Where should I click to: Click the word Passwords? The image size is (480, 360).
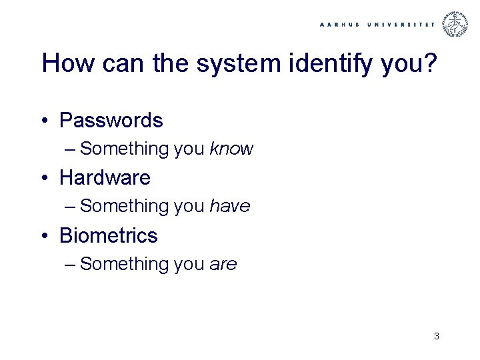111,121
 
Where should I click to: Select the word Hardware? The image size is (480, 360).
105,178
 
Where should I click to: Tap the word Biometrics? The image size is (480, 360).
108,236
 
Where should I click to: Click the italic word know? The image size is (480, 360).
231,149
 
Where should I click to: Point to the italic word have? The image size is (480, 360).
229,207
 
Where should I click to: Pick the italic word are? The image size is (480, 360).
223,265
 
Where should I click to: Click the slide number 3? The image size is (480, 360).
436,336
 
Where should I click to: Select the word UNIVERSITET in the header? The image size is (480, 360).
401,24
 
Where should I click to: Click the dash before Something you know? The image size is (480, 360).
71,149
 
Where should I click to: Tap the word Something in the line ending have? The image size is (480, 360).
125,207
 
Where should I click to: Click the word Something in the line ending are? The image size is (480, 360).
125,265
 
